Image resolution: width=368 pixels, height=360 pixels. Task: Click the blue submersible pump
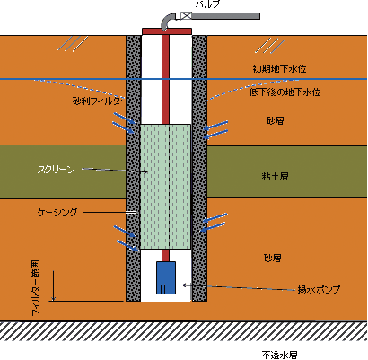(166, 277)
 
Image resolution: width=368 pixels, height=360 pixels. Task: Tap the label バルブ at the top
(208, 4)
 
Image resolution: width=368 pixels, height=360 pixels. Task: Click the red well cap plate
(167, 31)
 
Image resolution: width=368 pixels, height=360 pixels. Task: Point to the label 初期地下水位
(280, 69)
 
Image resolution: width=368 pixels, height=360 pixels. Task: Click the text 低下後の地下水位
(285, 92)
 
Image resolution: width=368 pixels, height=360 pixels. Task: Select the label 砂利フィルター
(99, 101)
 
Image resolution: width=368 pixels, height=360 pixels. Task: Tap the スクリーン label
(56, 170)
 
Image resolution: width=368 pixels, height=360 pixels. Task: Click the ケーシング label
(57, 212)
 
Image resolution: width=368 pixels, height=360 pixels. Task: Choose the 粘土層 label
(275, 176)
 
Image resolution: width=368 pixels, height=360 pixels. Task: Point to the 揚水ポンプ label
(319, 289)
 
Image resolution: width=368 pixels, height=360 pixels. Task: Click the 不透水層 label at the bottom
(279, 356)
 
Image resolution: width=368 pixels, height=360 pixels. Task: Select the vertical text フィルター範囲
(36, 288)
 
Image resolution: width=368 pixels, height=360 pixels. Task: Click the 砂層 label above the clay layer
(275, 120)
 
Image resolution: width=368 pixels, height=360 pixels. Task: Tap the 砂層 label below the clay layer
(273, 258)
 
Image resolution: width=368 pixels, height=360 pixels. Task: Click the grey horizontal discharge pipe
(225, 16)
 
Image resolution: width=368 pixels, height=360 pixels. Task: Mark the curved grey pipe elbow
(167, 21)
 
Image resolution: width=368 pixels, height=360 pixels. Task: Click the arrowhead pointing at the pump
(184, 285)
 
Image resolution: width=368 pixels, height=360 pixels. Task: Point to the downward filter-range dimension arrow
(54, 285)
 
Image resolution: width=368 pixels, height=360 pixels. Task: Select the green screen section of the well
(165, 187)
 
